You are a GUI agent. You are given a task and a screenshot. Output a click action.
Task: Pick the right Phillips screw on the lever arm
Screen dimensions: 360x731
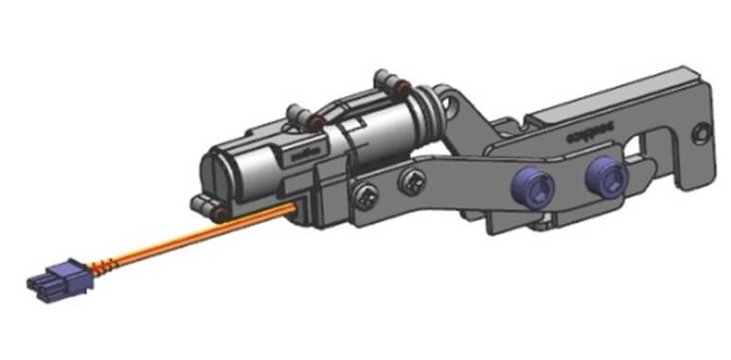coord(409,179)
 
